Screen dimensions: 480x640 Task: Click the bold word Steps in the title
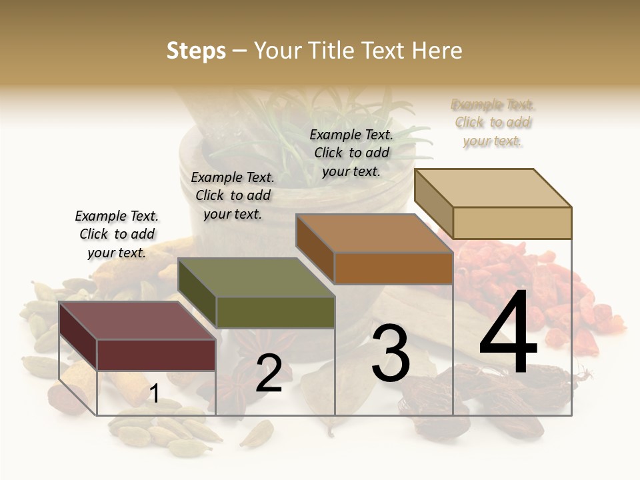(196, 51)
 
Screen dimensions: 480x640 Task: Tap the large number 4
(508, 335)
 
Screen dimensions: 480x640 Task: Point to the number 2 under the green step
(269, 373)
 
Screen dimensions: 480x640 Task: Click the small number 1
(154, 394)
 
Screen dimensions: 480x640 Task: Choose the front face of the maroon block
(157, 355)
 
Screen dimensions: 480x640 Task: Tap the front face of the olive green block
(275, 312)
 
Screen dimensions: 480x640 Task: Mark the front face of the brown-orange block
(393, 268)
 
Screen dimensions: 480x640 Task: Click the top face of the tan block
(493, 188)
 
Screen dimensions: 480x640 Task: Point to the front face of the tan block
(512, 223)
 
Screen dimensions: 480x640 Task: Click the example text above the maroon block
(117, 234)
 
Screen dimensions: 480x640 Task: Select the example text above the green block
(233, 195)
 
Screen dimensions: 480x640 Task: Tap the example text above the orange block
(351, 153)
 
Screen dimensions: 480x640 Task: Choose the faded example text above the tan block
(493, 123)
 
